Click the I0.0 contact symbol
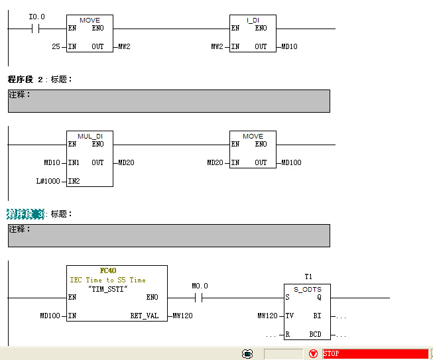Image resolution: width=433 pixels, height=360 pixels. point(35,29)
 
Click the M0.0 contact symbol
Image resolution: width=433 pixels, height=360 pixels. point(198,298)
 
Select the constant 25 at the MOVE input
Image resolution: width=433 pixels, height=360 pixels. point(56,46)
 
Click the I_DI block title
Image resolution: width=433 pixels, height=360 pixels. point(253,20)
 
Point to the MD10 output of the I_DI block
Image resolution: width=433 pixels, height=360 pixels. point(289,46)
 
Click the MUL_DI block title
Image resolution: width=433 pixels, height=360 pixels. point(90,136)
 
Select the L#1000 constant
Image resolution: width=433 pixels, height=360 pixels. point(48,181)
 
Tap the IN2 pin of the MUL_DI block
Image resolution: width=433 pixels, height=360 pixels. point(74,181)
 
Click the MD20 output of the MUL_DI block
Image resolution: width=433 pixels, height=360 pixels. point(126,162)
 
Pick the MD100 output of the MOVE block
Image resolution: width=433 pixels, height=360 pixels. point(291,162)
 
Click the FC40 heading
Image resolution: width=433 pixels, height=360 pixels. point(108,270)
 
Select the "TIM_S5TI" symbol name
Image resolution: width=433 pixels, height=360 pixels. point(107,289)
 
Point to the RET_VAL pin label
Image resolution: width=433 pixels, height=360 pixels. point(145,316)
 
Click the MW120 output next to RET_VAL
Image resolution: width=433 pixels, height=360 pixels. point(182,316)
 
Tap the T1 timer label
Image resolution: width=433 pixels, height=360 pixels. point(308,276)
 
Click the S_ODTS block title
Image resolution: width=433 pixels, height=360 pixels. point(308,289)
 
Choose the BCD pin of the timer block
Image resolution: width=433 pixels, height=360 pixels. point(315,334)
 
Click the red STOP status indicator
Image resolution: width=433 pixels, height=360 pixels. point(375,353)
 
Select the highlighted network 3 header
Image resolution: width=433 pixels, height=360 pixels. point(25,214)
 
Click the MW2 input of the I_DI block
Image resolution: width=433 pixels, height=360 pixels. point(217,46)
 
